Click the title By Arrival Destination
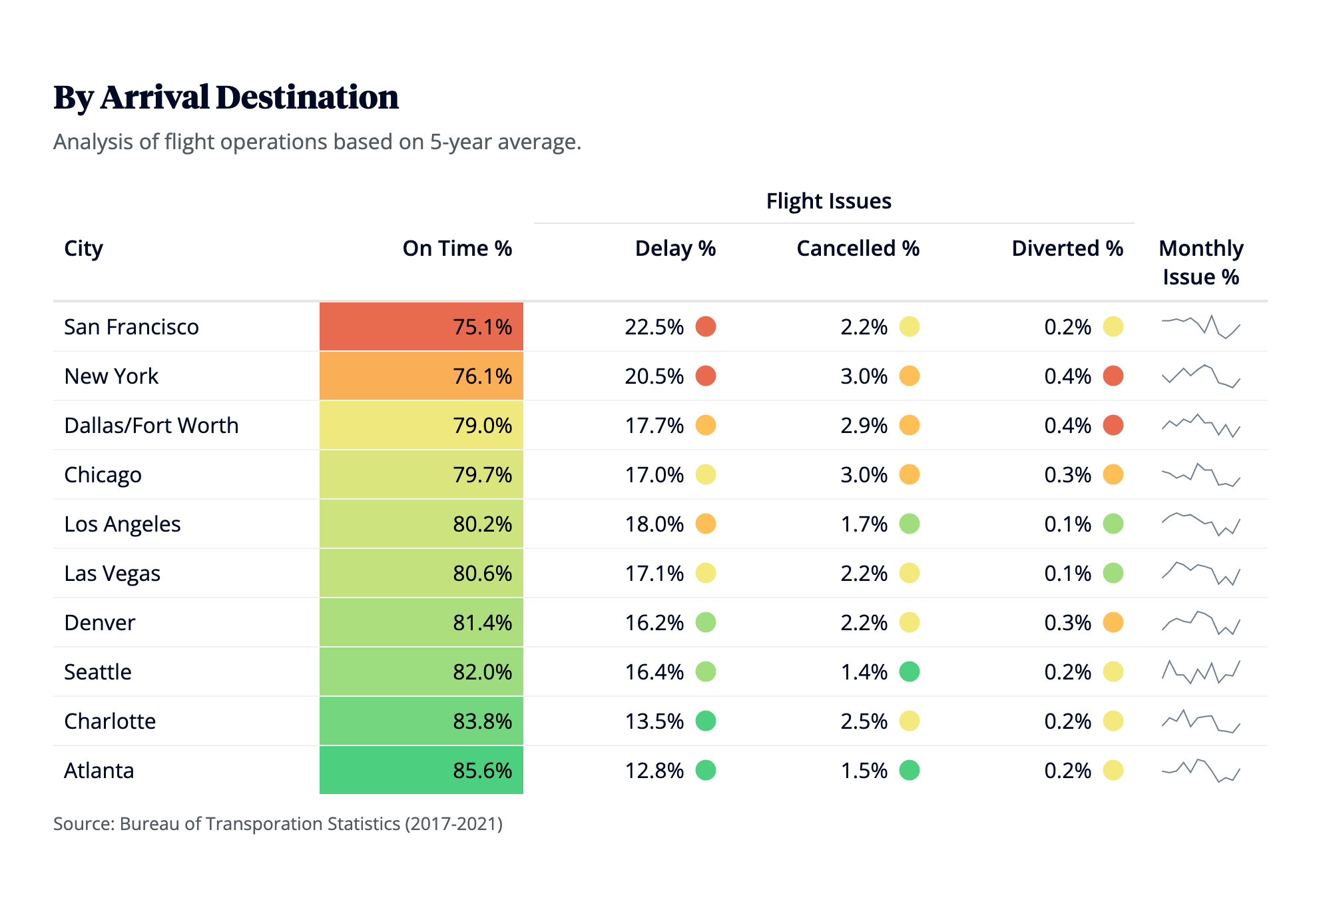click(226, 97)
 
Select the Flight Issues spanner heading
click(828, 201)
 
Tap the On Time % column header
click(457, 248)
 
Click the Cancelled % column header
click(858, 248)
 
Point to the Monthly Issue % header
click(1200, 262)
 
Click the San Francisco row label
click(131, 327)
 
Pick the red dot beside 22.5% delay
click(706, 327)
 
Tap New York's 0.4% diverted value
click(1067, 376)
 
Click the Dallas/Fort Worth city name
click(151, 426)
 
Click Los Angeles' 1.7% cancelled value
click(864, 524)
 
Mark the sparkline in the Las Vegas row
click(1200, 574)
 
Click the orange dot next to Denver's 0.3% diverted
click(1113, 623)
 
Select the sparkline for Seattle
click(1200, 672)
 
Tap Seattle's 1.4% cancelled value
click(864, 672)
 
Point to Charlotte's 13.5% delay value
click(654, 721)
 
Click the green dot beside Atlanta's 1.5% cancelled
click(910, 771)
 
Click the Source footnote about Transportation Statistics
click(278, 824)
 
